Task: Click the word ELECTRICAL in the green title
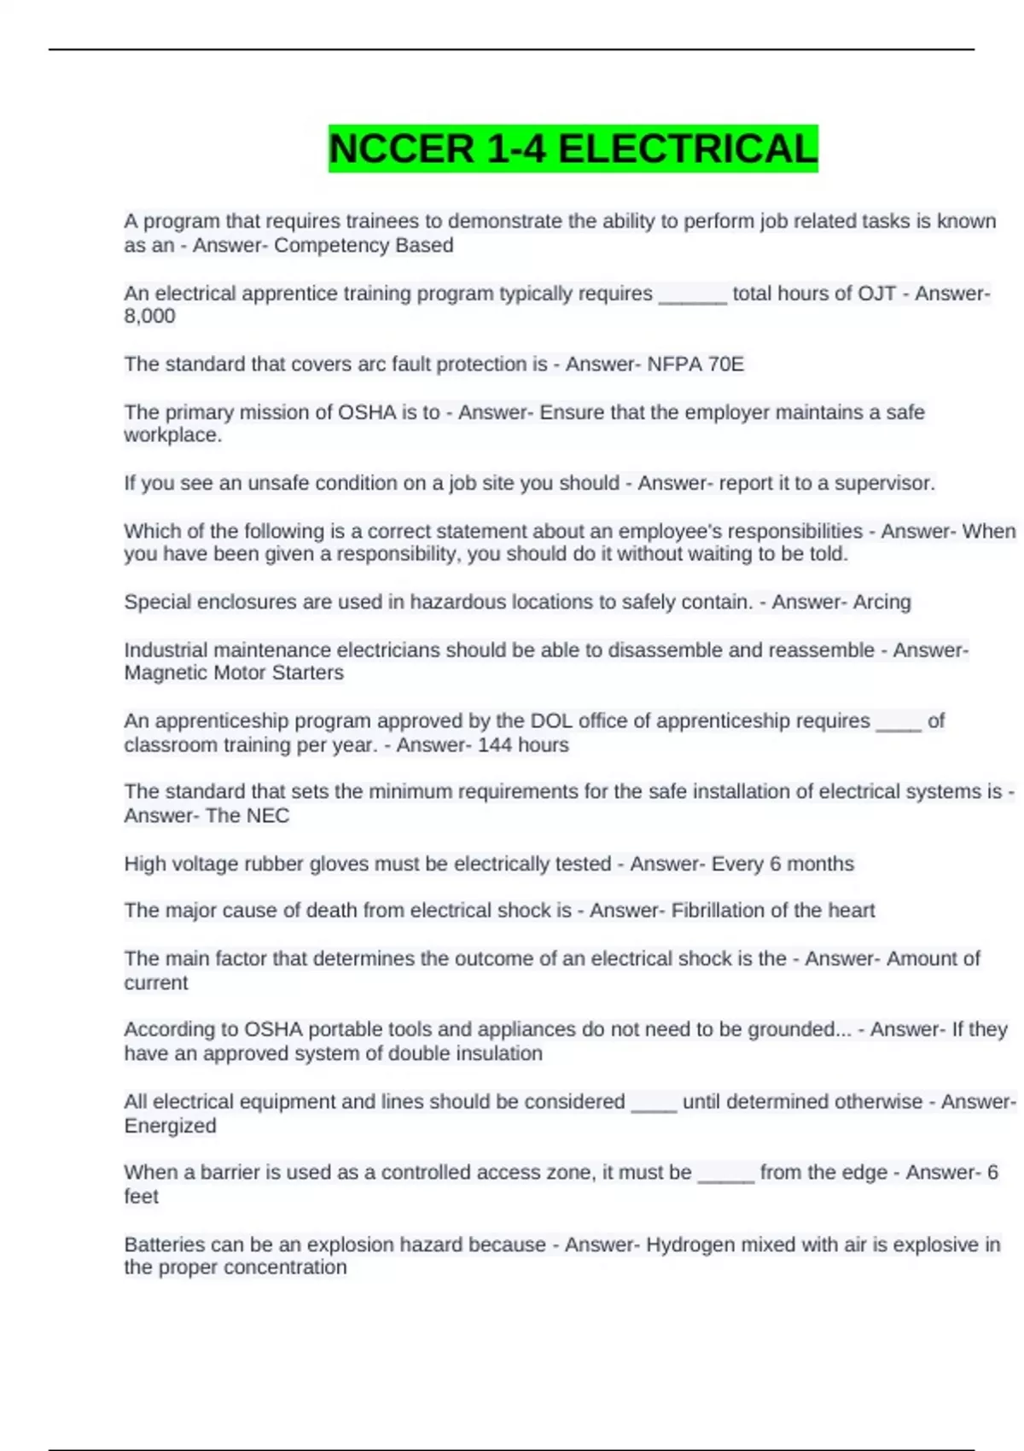click(688, 149)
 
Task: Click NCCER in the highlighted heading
click(401, 149)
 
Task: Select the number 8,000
click(149, 317)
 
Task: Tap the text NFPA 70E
click(695, 364)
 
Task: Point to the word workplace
click(172, 435)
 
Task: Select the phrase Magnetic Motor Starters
click(234, 673)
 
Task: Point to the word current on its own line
click(156, 983)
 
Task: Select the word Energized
click(170, 1126)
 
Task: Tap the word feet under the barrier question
click(141, 1197)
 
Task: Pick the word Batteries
click(164, 1245)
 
